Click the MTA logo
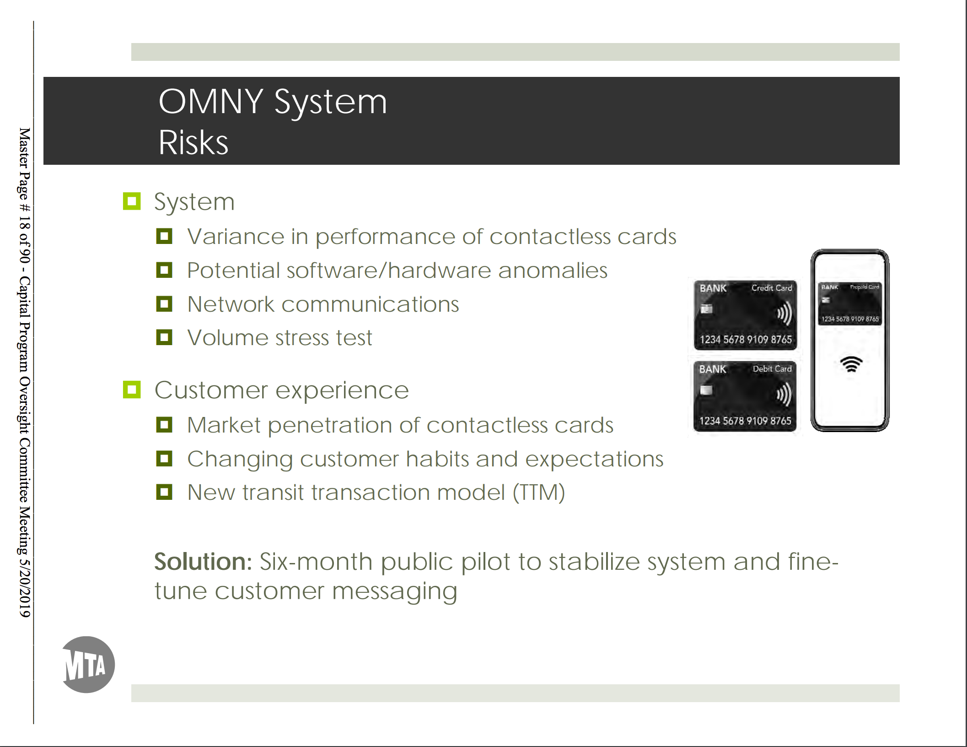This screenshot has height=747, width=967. tap(88, 665)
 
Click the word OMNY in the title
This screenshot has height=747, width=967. tap(210, 102)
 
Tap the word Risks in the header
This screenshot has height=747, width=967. tap(193, 143)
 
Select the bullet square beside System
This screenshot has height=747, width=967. tap(132, 201)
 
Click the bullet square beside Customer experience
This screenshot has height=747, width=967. tap(132, 390)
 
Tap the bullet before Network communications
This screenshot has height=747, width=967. tap(164, 304)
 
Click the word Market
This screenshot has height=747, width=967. tap(224, 425)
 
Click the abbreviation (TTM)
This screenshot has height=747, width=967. tap(538, 493)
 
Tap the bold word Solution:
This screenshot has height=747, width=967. tap(203, 562)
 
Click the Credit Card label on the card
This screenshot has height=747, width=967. tap(771, 288)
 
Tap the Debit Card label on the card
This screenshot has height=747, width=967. tap(772, 369)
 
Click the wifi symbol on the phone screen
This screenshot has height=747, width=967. tap(851, 364)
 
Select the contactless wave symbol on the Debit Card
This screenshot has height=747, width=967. tap(784, 395)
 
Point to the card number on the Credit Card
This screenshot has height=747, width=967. tap(745, 340)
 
